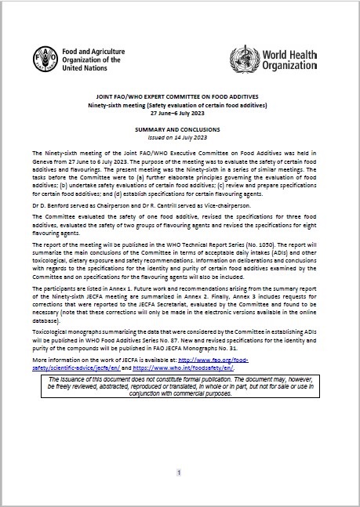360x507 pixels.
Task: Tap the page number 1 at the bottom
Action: click(180, 473)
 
